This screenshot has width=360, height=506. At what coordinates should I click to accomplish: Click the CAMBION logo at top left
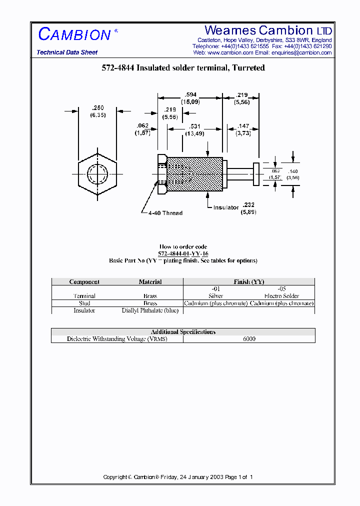click(75, 34)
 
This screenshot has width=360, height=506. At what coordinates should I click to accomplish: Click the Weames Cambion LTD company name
click(268, 30)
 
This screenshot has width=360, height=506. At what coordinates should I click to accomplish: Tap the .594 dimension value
click(190, 94)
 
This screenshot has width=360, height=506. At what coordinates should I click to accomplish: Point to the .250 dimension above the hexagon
click(97, 108)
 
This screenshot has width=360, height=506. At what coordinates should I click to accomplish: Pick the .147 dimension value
click(243, 127)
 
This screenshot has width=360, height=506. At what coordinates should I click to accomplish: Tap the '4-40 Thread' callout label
click(165, 213)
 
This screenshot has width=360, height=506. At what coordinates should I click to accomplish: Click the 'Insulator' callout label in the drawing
click(226, 207)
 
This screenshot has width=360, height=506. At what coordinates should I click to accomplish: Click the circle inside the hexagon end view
click(97, 174)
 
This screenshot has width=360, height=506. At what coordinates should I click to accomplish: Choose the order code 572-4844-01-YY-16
click(183, 253)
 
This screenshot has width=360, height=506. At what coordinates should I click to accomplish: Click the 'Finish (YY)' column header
click(249, 282)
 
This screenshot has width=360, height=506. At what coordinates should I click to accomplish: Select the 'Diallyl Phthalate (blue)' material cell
click(150, 310)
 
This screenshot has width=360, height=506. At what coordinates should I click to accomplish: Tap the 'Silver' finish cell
click(215, 296)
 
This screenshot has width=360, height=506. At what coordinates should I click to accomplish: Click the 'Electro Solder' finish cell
click(281, 296)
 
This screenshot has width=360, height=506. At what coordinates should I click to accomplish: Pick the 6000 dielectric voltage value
click(249, 339)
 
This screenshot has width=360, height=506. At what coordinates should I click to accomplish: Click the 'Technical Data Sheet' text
click(67, 52)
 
